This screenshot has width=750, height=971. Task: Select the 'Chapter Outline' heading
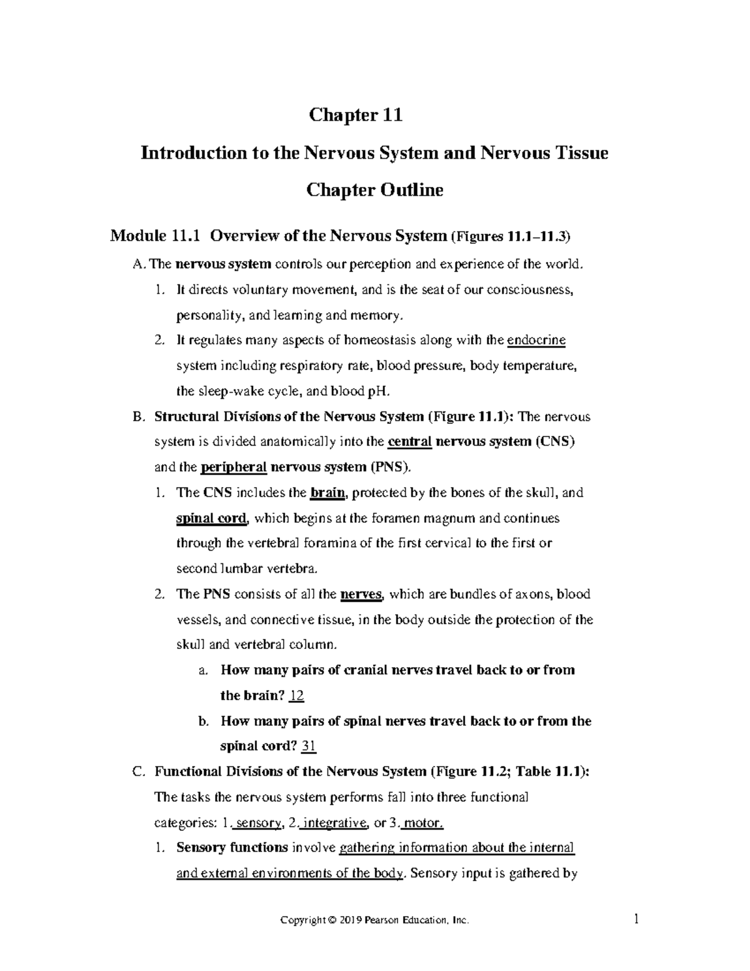[x=374, y=189]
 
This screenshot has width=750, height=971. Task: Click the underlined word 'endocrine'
[x=536, y=340]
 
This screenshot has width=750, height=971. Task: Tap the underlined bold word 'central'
[x=410, y=441]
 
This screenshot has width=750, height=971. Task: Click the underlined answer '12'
[x=297, y=695]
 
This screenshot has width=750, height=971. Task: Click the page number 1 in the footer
[x=636, y=920]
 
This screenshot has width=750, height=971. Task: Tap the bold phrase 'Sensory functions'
[x=232, y=848]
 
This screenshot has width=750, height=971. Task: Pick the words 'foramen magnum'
[x=434, y=518]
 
